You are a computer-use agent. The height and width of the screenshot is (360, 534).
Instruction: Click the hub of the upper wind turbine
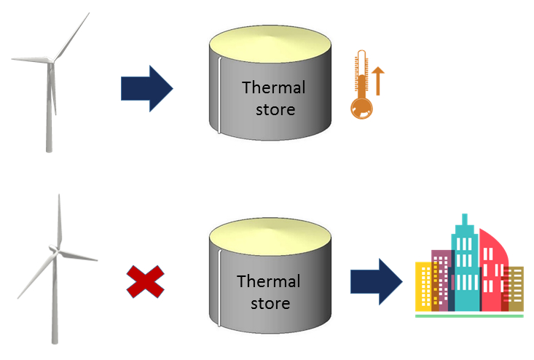(50, 60)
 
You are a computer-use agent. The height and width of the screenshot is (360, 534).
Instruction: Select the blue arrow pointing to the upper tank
(146, 88)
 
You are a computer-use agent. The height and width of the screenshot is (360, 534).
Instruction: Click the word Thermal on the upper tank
(274, 88)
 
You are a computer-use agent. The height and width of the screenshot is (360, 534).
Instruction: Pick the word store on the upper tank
(274, 110)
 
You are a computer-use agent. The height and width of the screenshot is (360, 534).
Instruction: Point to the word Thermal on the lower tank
(269, 281)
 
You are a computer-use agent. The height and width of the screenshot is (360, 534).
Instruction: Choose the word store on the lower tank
(269, 302)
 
